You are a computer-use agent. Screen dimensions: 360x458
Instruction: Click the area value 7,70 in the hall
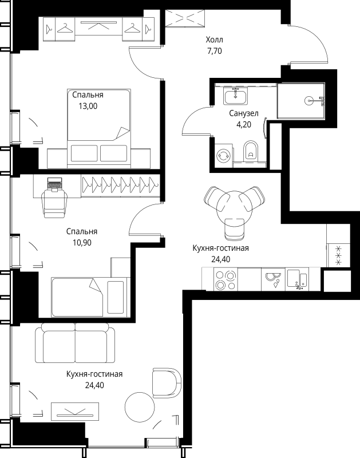tap(215, 51)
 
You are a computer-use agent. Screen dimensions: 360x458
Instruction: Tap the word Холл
tap(214, 40)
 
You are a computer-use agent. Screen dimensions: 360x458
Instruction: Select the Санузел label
tap(244, 113)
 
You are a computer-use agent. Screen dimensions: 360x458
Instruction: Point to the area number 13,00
tap(88, 106)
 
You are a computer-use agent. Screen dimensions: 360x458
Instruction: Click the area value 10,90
tap(82, 242)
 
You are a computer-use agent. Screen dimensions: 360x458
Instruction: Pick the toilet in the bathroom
tap(251, 151)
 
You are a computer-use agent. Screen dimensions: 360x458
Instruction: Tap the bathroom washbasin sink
tap(236, 96)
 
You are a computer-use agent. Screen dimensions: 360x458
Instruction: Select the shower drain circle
tap(309, 101)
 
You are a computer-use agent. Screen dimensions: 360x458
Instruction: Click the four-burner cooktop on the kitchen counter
tap(225, 280)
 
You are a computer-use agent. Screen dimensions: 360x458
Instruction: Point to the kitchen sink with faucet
tap(297, 279)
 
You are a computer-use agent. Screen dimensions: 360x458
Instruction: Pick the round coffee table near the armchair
tap(140, 406)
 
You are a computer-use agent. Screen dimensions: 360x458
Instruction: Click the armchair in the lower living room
tap(167, 383)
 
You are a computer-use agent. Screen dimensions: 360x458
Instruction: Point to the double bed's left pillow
tap(84, 153)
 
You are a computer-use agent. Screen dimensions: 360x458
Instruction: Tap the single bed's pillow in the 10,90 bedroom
tap(116, 297)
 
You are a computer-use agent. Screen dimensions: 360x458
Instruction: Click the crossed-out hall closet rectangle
tap(185, 18)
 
